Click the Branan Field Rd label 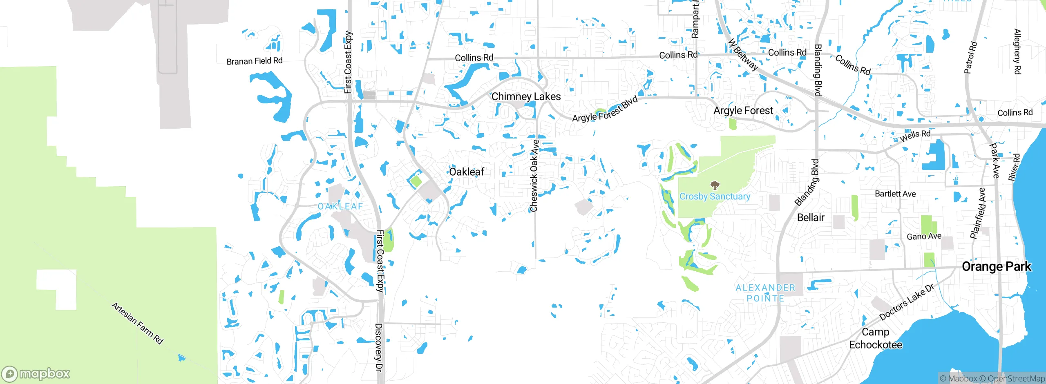[x=254, y=61]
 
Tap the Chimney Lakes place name [x=526, y=97]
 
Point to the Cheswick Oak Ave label [x=534, y=176]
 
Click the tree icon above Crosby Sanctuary [x=715, y=185]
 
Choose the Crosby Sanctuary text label [x=715, y=196]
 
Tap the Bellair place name [x=811, y=218]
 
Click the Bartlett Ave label [x=895, y=194]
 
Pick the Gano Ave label [x=924, y=237]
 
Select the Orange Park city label [x=996, y=267]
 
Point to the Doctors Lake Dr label [x=906, y=302]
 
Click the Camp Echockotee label [x=875, y=339]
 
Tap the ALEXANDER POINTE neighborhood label [x=765, y=293]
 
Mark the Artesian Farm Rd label [x=137, y=323]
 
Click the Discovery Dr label [x=379, y=347]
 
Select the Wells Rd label [x=915, y=136]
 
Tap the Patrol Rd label [x=970, y=58]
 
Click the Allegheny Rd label [x=1017, y=51]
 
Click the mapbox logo [x=36, y=374]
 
